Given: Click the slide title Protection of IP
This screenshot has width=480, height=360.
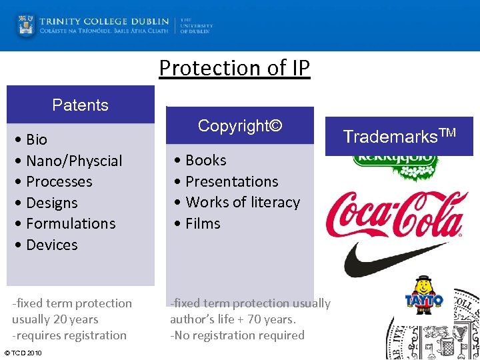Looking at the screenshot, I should (235, 68).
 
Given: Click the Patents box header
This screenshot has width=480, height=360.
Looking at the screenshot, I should (80, 105).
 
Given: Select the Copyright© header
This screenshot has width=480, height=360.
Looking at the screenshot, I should (240, 125).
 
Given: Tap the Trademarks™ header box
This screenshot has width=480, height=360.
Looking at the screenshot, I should (399, 136).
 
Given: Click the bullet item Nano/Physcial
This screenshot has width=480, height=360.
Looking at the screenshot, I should (74, 161).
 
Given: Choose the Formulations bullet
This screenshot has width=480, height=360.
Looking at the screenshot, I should (71, 223).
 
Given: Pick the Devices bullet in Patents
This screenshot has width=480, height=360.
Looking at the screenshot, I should (52, 245).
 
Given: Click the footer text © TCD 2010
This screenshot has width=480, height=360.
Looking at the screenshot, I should (23, 353).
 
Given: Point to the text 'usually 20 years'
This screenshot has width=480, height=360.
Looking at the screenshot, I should (55, 319).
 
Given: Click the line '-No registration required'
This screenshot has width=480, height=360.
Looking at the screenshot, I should (237, 335).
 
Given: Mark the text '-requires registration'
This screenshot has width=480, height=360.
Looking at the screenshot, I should (69, 335).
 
